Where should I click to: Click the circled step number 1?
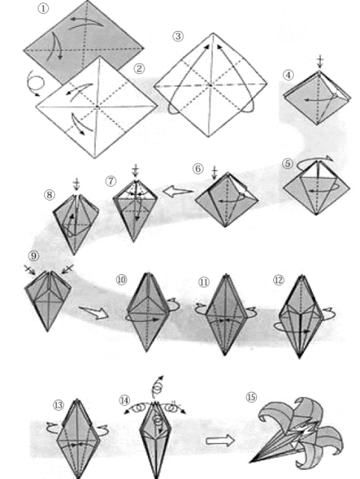point(43,9)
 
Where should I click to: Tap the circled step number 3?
point(178,36)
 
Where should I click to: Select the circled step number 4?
point(288,75)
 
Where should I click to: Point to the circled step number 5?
point(288,164)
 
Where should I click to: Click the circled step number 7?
point(110,181)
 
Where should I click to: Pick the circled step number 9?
point(34,256)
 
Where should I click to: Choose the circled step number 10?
point(121,280)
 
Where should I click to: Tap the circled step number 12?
point(278,280)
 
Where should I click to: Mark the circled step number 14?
point(124,400)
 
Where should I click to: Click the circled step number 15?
point(251,397)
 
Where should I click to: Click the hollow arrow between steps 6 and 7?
point(178,192)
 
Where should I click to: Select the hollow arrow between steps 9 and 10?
point(93,313)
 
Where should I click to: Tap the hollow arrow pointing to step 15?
point(220,441)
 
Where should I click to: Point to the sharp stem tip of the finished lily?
point(250,462)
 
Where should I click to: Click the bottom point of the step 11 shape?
point(225,355)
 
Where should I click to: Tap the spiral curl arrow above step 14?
point(158,386)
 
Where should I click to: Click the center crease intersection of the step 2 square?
point(97,106)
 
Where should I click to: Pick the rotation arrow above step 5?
point(314,161)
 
